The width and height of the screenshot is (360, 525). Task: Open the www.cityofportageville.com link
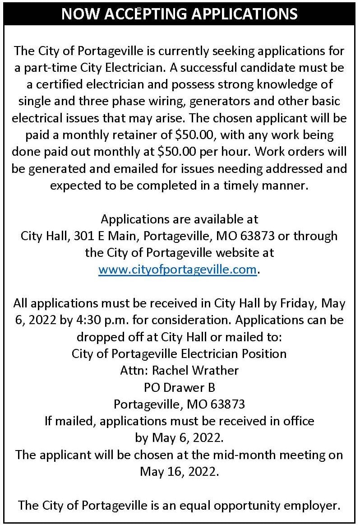coord(177,269)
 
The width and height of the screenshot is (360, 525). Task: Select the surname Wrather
coord(215,370)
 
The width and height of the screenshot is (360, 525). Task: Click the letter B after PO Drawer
coord(211,387)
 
